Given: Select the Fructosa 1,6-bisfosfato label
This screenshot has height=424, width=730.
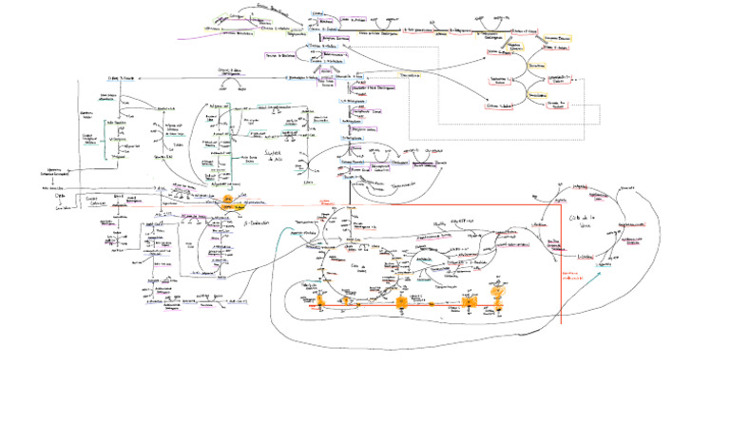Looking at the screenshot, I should (325, 58).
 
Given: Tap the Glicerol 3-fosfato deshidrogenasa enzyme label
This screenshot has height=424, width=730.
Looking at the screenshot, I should (378, 88).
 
